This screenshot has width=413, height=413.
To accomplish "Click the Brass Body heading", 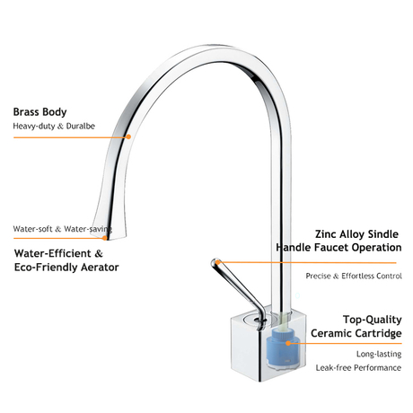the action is pyautogui.click(x=40, y=112).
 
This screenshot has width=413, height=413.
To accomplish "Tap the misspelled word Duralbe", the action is pyautogui.click(x=81, y=126).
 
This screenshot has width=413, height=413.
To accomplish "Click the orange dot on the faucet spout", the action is pyautogui.click(x=128, y=136).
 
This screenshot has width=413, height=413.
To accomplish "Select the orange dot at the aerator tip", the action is pyautogui.click(x=104, y=238).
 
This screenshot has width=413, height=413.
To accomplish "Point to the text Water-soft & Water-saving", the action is pyautogui.click(x=63, y=229).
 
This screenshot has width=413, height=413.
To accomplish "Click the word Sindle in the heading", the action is pyautogui.click(x=382, y=234).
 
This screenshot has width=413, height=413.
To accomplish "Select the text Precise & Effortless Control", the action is pyautogui.click(x=354, y=276).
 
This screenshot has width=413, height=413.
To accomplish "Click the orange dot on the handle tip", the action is pyautogui.click(x=218, y=262).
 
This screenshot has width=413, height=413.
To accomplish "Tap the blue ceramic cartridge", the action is pyautogui.click(x=283, y=348).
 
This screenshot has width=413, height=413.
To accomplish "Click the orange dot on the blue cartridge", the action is pyautogui.click(x=288, y=343).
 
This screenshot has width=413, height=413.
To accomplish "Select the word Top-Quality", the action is pyautogui.click(x=373, y=320).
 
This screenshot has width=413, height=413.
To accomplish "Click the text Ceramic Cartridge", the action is pyautogui.click(x=356, y=333).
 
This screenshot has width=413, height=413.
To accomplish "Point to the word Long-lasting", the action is pyautogui.click(x=379, y=354).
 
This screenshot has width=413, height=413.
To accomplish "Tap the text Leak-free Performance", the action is pyautogui.click(x=358, y=367).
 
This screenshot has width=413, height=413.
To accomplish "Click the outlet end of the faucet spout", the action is pyautogui.click(x=109, y=237).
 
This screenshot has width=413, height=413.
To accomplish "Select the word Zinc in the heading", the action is pyautogui.click(x=326, y=234).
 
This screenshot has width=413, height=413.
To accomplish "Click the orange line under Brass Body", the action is pyautogui.click(x=71, y=137).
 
